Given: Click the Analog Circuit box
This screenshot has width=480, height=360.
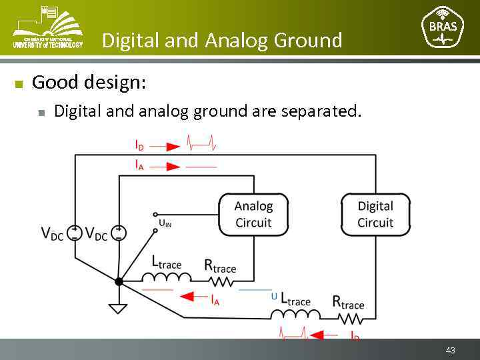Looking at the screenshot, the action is (x=253, y=214).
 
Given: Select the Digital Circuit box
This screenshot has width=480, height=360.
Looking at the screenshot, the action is (x=375, y=214).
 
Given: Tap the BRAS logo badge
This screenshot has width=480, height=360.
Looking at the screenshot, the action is (x=443, y=27).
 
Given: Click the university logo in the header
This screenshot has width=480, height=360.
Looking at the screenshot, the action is (x=47, y=27).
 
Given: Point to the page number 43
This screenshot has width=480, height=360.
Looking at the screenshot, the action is (x=451, y=350).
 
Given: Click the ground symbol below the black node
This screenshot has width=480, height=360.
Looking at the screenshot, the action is (x=119, y=307).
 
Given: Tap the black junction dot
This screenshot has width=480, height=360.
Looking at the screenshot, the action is (x=119, y=281).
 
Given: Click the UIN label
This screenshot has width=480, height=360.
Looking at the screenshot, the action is (x=165, y=224).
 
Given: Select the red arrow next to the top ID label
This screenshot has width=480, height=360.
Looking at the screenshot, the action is (x=173, y=146).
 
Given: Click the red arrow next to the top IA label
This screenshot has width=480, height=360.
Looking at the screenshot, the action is (x=173, y=165).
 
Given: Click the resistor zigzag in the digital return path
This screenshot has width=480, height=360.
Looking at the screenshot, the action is (x=347, y=318).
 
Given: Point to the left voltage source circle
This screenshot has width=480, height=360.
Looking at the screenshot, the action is (x=75, y=233).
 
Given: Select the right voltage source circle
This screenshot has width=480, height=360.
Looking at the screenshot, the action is (x=119, y=233).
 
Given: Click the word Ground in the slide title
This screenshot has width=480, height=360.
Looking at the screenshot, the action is (x=307, y=41).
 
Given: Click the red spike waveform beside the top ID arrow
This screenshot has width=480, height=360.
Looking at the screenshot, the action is (x=201, y=143).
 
